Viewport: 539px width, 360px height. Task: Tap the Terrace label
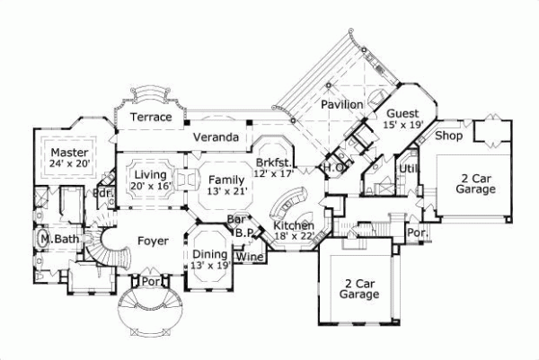[150, 118]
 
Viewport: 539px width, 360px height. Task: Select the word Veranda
[216, 137]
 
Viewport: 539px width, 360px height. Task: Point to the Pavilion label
[342, 105]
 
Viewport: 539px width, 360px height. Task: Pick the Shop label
[448, 136]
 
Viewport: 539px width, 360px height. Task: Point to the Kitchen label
[293, 224]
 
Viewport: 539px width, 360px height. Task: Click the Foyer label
[154, 240]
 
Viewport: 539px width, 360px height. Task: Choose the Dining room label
[209, 254]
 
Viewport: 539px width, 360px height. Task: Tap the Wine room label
[249, 257]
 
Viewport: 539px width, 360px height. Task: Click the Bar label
[237, 218]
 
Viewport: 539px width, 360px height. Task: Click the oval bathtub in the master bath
[44, 240]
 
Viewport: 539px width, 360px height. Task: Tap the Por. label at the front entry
[152, 280]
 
